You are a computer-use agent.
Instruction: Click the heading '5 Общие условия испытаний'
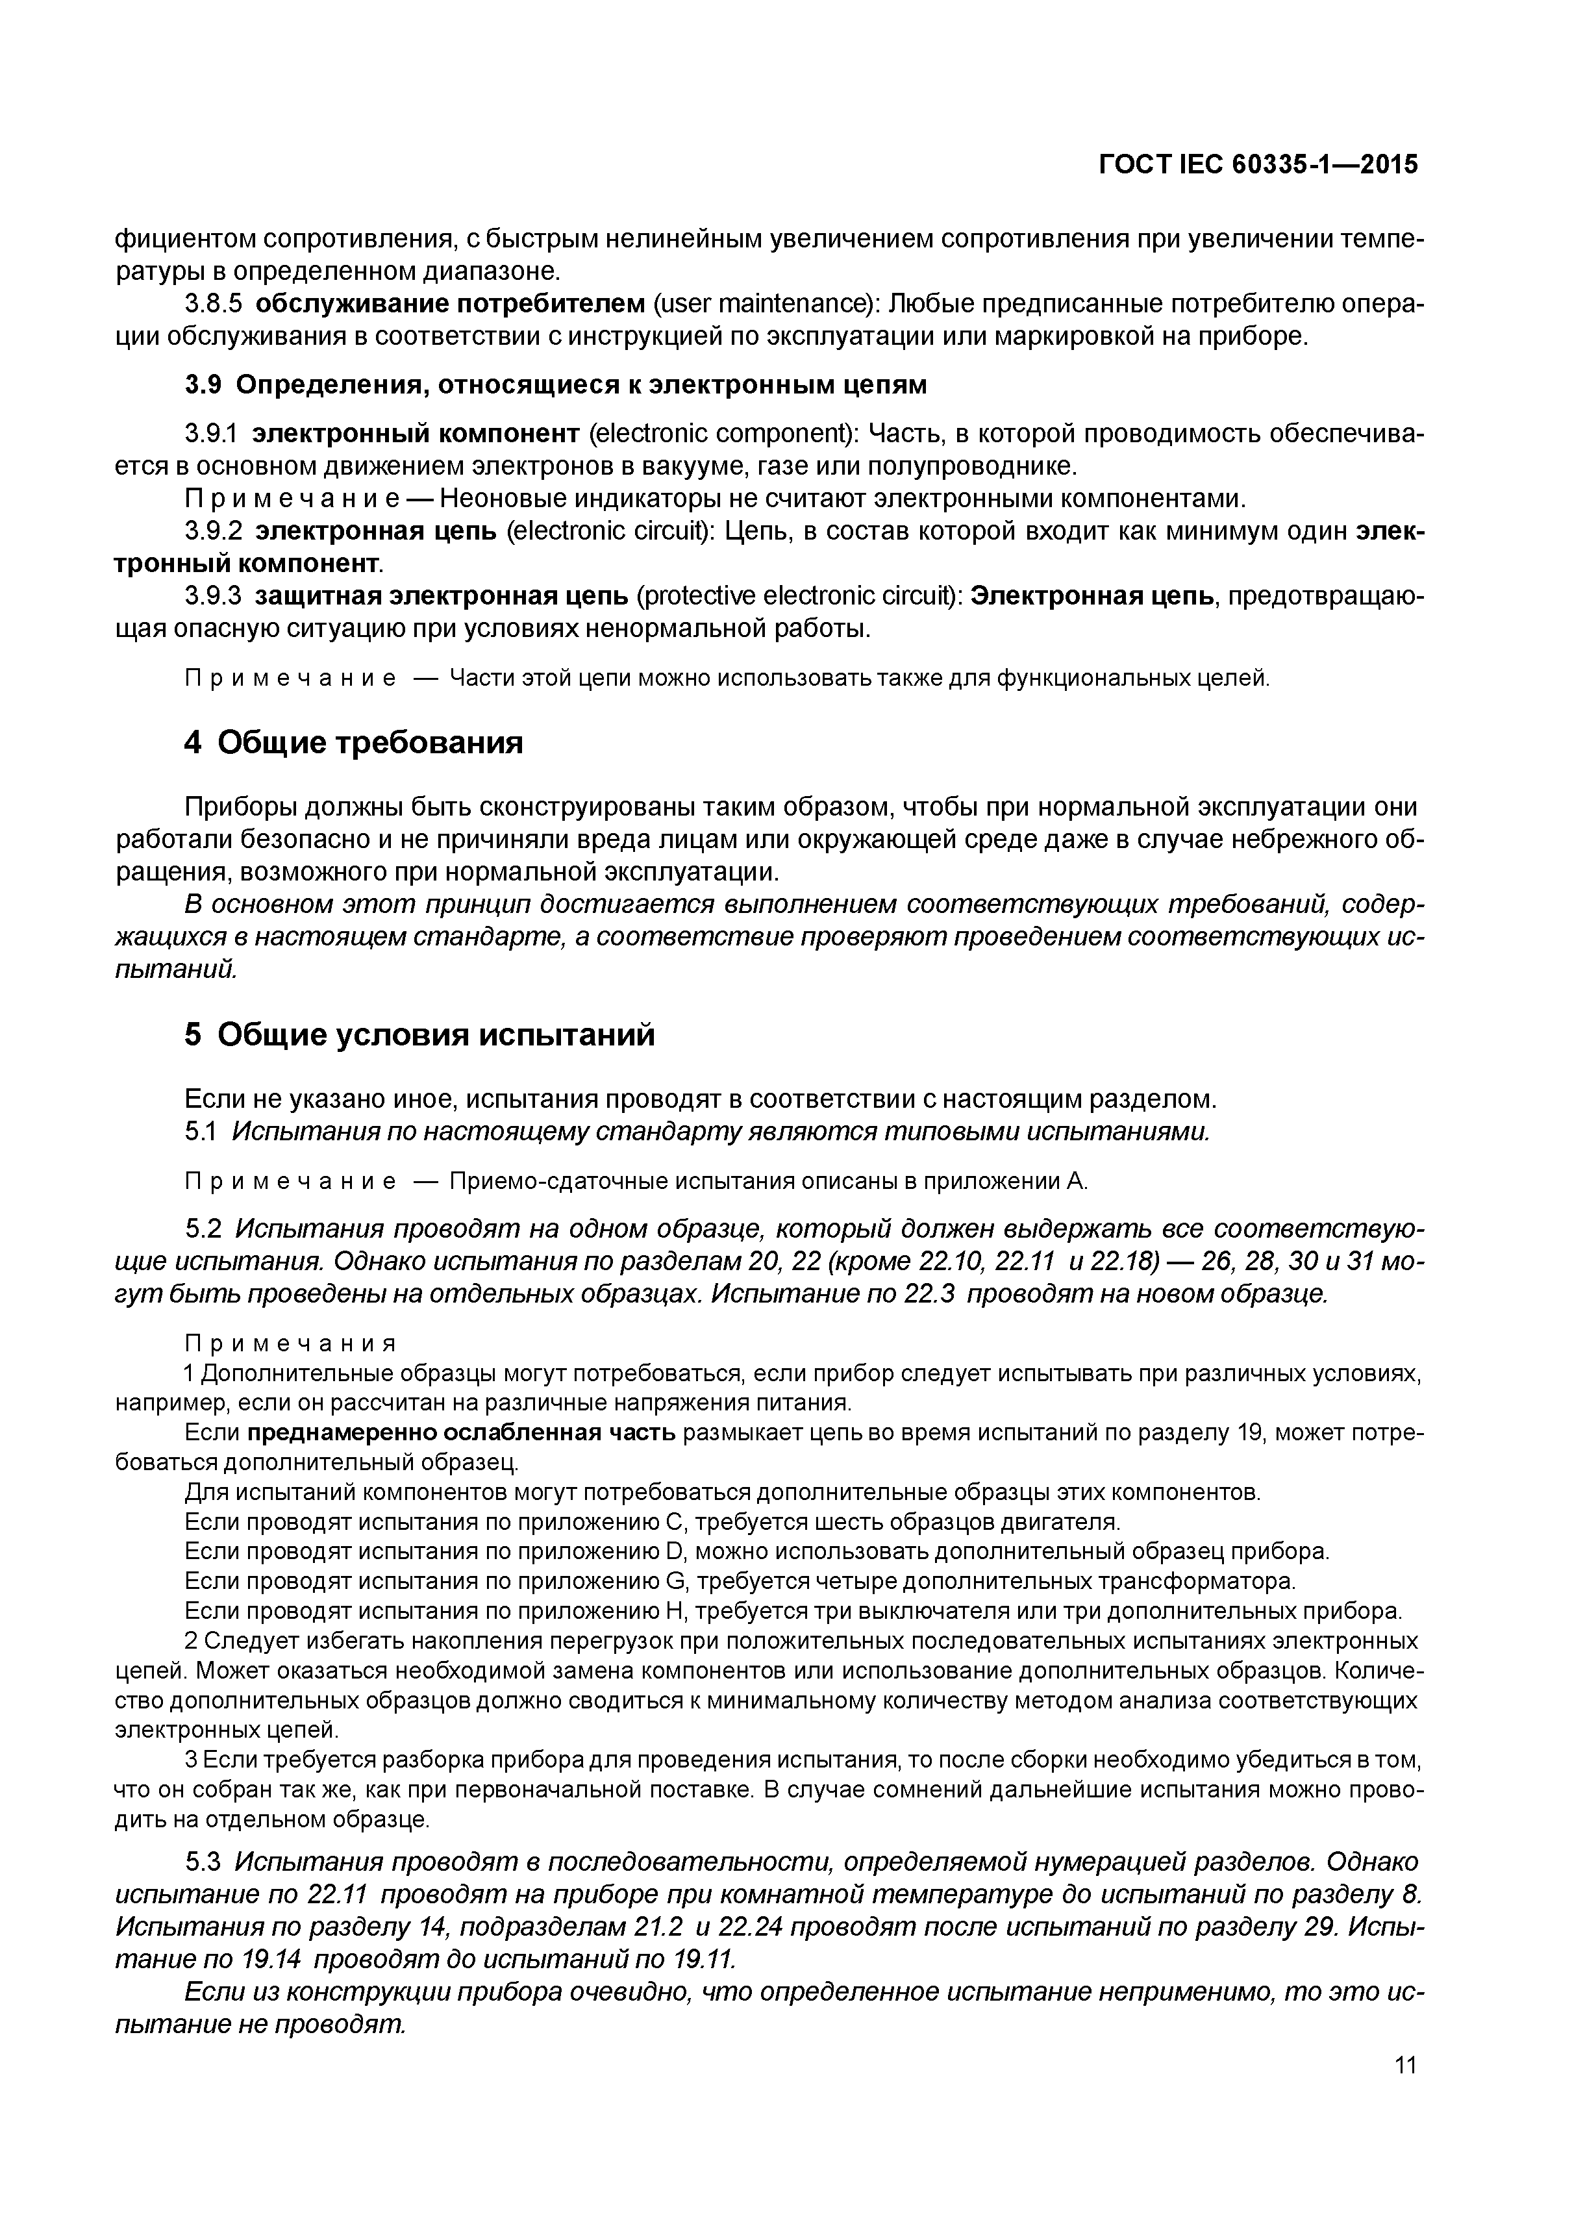[x=419, y=1034]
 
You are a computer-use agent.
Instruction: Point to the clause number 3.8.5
[x=212, y=304]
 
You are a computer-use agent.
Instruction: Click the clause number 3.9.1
[x=212, y=433]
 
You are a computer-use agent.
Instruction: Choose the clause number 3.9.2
[x=212, y=532]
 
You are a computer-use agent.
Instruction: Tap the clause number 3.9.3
[x=212, y=595]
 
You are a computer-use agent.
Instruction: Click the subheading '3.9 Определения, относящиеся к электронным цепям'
[x=556, y=384]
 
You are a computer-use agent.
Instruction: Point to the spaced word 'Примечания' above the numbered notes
[x=291, y=1343]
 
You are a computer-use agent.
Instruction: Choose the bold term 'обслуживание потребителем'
[x=451, y=304]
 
